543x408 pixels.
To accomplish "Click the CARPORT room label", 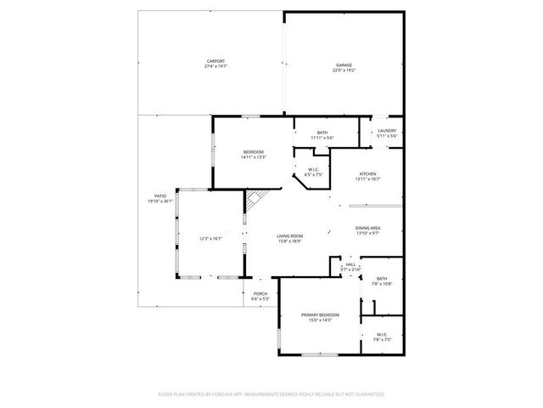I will coord(216,60).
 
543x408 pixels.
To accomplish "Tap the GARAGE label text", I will coord(344,65).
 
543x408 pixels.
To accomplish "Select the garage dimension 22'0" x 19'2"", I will coord(344,70).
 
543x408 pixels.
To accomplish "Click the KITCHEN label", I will coord(367,173).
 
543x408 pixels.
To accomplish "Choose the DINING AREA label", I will coord(367,228).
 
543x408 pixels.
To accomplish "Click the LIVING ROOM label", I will coord(290,235).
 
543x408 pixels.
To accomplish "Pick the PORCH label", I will coord(260,294).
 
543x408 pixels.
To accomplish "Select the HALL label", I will coord(350,264).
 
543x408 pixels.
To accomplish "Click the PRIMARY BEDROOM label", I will coord(321,314).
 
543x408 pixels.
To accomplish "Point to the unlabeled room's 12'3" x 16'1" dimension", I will coord(210,239).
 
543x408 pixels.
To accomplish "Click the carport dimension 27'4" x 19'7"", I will coord(216,65).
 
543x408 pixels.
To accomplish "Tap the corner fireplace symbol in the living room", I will coord(256,201).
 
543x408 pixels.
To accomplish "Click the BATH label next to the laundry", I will coord(322,132).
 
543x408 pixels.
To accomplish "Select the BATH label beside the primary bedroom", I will coord(382,278).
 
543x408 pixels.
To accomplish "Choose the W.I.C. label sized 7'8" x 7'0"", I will coord(381,334).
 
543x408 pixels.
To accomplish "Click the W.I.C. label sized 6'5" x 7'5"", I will coord(312,171).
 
